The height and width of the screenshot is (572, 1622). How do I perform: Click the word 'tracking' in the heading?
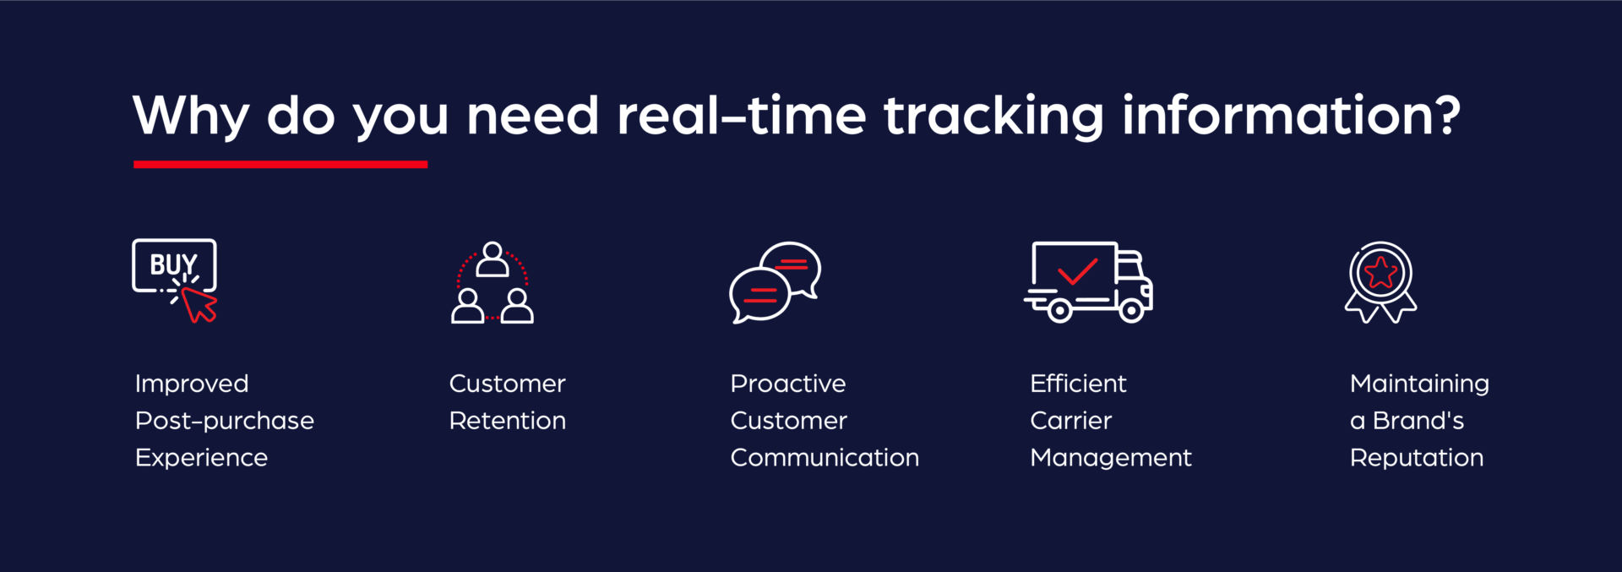(x=993, y=116)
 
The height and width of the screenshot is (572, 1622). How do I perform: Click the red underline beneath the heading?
(x=280, y=164)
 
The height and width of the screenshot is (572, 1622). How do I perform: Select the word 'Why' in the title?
(x=191, y=116)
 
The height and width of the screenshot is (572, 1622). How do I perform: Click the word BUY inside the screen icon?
(x=173, y=264)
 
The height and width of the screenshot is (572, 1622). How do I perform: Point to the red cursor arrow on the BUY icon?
(x=200, y=304)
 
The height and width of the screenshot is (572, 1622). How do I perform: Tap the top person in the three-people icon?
(x=493, y=260)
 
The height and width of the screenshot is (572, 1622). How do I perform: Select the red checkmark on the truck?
(x=1077, y=272)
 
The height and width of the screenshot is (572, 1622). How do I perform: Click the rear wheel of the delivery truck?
(x=1059, y=311)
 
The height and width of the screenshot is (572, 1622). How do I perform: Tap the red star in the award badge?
(x=1380, y=273)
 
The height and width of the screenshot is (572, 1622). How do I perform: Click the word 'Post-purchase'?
(x=225, y=421)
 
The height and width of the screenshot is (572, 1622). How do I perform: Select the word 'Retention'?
(x=507, y=421)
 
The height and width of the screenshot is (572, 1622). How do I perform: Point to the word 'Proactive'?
(x=787, y=384)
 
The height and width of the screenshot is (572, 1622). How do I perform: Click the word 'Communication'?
(x=825, y=458)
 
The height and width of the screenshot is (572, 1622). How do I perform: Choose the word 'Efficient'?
(x=1078, y=384)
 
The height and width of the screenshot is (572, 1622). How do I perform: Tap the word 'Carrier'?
(x=1070, y=421)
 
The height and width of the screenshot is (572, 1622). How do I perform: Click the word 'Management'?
(x=1110, y=458)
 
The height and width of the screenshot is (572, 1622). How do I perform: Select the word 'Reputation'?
(x=1416, y=458)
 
